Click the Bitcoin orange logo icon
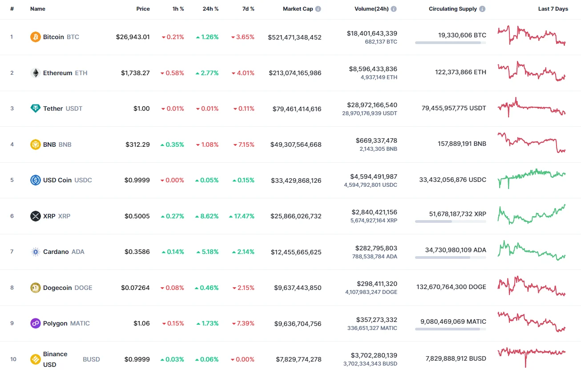tap(36, 37)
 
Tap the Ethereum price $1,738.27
tap(135, 73)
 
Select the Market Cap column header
tap(298, 9)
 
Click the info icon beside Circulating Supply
tap(483, 9)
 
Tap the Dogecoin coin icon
tap(36, 288)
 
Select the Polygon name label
tap(55, 323)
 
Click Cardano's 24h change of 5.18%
tap(207, 252)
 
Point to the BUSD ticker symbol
tap(91, 359)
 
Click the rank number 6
tap(12, 216)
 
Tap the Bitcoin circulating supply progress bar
tap(450, 43)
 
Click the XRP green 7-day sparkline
tap(532, 214)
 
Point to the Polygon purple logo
tap(36, 323)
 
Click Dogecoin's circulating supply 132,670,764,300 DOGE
tap(451, 287)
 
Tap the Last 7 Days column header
tap(553, 9)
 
